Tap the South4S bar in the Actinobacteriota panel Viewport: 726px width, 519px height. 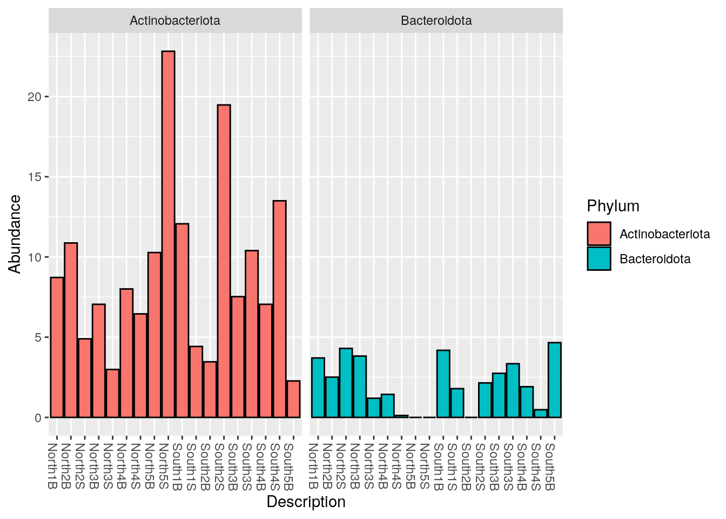[279, 309]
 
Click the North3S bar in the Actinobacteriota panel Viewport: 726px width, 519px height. [112, 393]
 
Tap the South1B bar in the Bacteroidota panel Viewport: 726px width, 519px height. [443, 384]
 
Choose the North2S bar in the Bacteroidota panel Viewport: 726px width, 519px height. [346, 383]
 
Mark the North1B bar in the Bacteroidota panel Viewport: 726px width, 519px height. [318, 388]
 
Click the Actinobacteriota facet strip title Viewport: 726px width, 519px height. [175, 21]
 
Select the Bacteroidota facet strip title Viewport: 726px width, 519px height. [436, 21]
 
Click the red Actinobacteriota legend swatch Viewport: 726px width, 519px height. [599, 234]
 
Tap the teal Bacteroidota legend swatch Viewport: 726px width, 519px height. [599, 258]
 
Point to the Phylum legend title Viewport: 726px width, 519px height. [613, 206]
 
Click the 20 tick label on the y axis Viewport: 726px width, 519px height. [35, 97]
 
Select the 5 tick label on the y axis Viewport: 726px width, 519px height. [38, 337]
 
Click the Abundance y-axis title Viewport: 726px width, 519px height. [15, 234]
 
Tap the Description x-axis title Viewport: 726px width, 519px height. [306, 502]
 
